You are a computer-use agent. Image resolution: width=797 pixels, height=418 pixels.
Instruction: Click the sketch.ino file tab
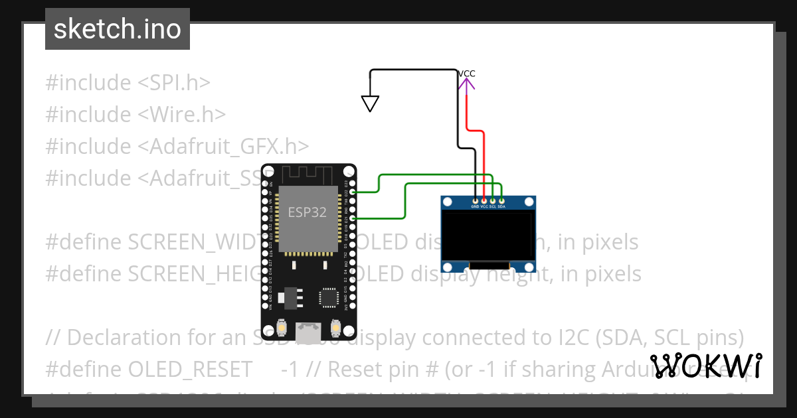118,29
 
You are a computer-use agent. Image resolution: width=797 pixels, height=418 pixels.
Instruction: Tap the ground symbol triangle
370,104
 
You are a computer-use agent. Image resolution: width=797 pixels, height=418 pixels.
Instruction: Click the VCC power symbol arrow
466,84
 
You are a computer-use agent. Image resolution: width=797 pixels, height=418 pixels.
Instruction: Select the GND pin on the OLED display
476,200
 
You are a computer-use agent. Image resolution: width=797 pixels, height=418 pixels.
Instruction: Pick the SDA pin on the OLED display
501,200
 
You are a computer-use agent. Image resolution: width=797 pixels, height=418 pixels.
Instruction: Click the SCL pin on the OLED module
493,200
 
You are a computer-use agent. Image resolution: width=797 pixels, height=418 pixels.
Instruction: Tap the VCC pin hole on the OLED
484,200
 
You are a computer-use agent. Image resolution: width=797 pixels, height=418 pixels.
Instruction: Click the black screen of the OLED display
488,236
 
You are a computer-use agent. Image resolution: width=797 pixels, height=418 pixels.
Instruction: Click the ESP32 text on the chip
307,212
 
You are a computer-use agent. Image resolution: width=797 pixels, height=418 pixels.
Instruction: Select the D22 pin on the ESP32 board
351,192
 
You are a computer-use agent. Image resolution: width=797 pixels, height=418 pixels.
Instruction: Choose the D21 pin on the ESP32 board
351,218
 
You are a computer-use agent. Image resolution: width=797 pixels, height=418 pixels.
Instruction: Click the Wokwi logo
705,366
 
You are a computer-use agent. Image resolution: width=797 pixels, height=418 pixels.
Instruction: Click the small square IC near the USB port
329,297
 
